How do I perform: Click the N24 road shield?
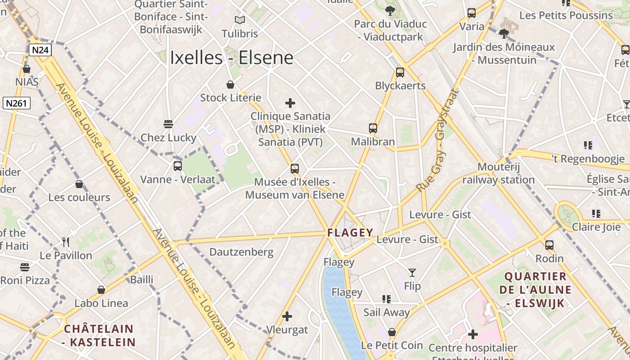click(x=40, y=49)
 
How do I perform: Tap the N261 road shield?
click(x=17, y=103)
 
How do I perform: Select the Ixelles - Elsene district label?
click(x=231, y=58)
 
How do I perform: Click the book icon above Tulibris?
click(x=240, y=20)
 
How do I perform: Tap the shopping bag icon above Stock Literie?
click(x=230, y=84)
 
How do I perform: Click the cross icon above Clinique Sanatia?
click(x=290, y=103)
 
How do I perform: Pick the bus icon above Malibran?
click(x=373, y=128)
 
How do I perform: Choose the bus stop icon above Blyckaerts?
click(x=400, y=72)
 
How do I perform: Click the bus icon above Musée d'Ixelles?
click(x=294, y=169)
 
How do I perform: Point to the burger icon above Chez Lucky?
click(x=168, y=124)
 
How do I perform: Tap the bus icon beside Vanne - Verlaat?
click(x=177, y=166)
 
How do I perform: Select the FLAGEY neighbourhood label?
click(x=350, y=233)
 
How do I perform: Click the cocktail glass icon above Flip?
click(x=412, y=272)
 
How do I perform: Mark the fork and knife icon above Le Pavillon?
click(x=66, y=242)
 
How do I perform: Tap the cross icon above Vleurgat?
click(x=287, y=316)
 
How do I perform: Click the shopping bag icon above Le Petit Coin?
click(x=392, y=332)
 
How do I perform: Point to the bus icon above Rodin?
click(x=549, y=245)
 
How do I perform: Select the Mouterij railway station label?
click(x=498, y=173)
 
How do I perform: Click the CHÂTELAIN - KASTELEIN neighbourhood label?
click(x=99, y=335)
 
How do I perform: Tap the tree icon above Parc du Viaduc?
click(x=390, y=11)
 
